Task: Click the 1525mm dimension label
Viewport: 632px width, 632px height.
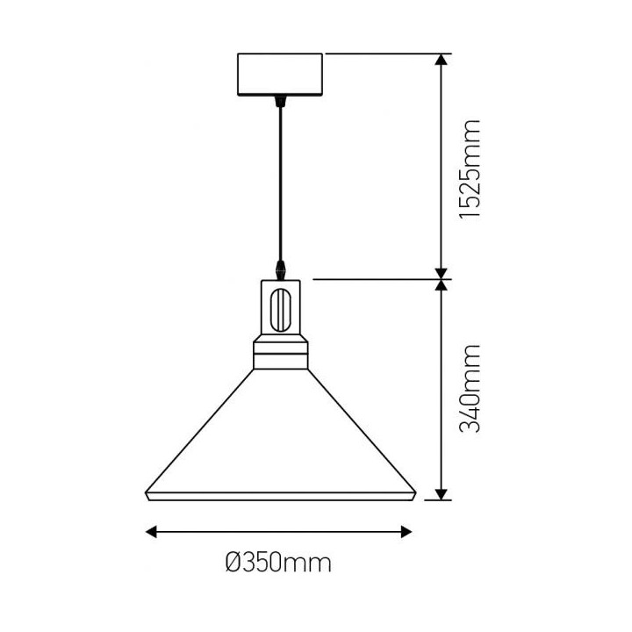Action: tap(470, 169)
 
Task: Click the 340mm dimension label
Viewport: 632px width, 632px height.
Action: tap(470, 389)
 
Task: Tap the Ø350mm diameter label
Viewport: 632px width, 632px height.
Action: tap(278, 563)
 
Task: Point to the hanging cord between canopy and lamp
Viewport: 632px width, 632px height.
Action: tap(280, 184)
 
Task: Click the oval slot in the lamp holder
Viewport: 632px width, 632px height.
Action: tap(280, 309)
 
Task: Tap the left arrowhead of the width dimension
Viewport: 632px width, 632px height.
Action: tap(151, 530)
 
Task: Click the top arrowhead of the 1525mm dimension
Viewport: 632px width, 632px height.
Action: tap(442, 60)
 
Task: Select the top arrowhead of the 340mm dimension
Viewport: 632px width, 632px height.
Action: tap(442, 286)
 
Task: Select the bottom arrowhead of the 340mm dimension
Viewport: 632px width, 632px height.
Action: tap(442, 493)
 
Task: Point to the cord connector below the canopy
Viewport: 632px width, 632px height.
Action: tap(280, 102)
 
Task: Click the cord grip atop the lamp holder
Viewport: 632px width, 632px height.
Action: tap(280, 267)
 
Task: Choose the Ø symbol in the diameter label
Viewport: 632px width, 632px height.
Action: tap(232, 563)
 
